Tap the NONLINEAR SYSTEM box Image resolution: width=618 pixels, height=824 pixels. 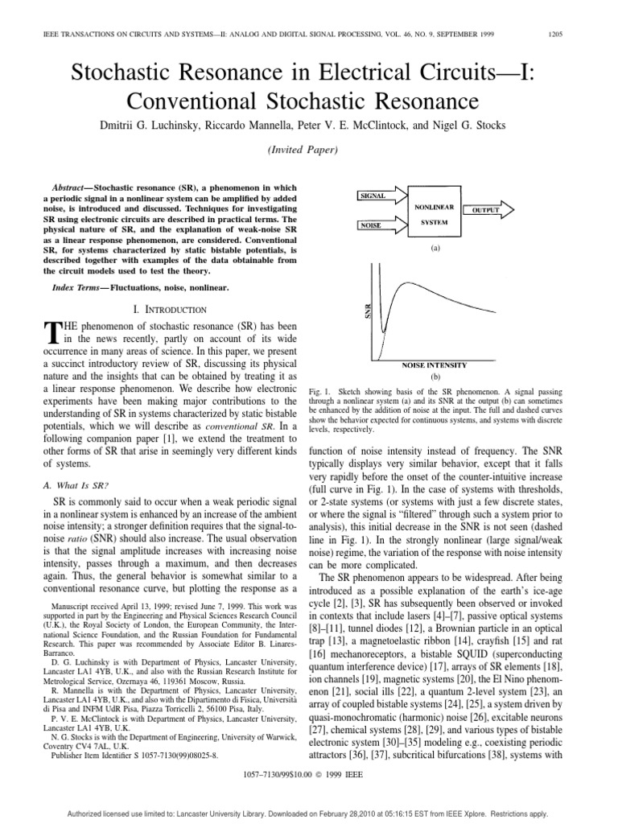click(435, 213)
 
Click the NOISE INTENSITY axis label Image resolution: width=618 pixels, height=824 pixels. click(435, 365)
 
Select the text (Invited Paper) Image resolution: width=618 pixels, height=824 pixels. click(309, 150)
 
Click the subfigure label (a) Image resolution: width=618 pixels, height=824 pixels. click(435, 249)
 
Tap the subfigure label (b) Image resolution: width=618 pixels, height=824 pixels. click(435, 377)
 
